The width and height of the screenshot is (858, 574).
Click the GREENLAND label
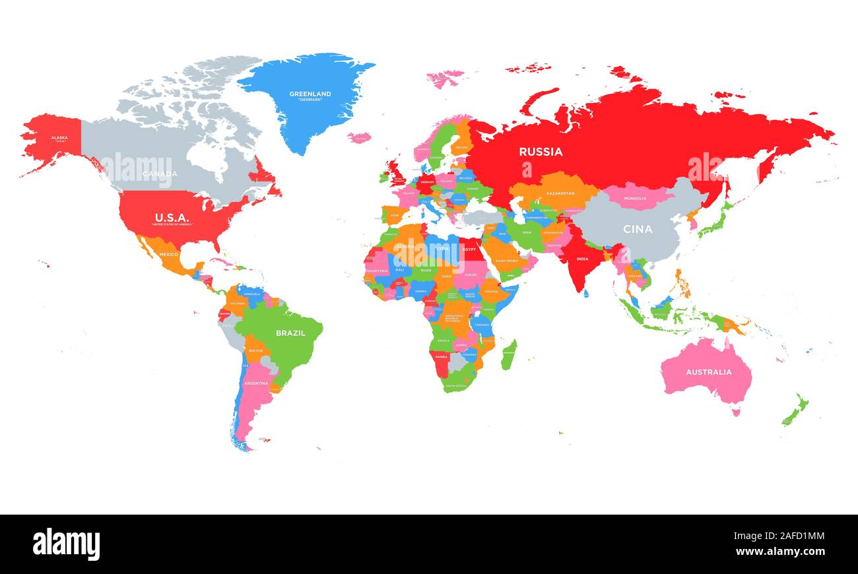[x=310, y=94]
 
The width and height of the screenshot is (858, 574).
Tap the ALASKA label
[x=59, y=138]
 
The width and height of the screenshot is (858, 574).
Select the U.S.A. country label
[x=172, y=217]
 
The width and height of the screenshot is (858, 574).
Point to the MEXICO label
[x=169, y=254]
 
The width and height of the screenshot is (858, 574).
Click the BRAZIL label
[x=290, y=333]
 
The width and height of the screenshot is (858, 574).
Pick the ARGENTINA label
[x=255, y=383]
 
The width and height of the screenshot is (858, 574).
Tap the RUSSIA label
[x=541, y=152]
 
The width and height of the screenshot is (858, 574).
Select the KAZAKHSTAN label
[x=560, y=193]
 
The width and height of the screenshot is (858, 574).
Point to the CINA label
[x=638, y=229]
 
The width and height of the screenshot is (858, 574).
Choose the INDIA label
[x=581, y=259]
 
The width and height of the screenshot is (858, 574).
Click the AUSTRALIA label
[x=708, y=372]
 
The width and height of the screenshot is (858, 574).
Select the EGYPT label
[x=469, y=249]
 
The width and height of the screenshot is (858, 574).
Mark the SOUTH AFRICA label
[x=455, y=385]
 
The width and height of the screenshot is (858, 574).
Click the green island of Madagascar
[x=508, y=354]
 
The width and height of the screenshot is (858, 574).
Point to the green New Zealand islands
[x=795, y=410]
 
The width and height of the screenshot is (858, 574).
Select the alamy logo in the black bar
[x=66, y=544]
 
